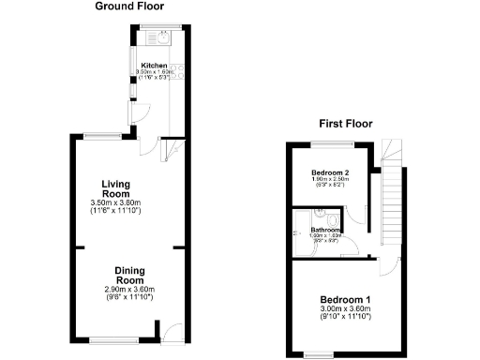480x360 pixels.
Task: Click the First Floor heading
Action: (x=345, y=123)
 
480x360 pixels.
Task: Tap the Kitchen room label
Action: (x=154, y=66)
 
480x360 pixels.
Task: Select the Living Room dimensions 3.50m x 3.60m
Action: (x=127, y=203)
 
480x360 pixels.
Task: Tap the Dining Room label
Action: (x=129, y=276)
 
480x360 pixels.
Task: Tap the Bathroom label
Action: (x=324, y=229)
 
